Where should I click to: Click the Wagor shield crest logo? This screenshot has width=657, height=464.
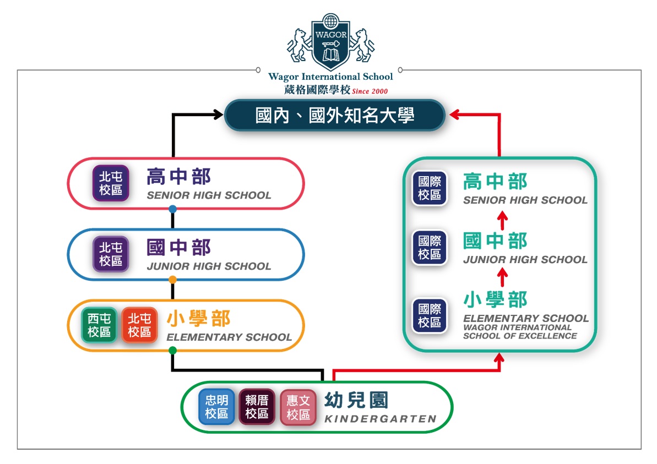tap(330, 40)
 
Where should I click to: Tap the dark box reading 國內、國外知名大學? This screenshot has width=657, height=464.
tap(334, 115)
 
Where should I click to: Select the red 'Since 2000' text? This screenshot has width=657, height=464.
tap(370, 90)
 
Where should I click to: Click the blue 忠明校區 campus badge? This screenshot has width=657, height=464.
tap(216, 407)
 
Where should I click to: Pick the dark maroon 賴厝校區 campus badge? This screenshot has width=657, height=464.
tap(257, 407)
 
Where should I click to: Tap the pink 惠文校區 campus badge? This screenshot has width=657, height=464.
tap(298, 408)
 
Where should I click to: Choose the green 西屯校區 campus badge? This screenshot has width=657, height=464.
tap(99, 325)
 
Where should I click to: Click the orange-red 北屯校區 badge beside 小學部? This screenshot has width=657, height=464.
tap(139, 325)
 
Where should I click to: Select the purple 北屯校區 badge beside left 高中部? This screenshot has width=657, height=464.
tap(111, 183)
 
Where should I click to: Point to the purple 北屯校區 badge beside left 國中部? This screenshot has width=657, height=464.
tap(111, 254)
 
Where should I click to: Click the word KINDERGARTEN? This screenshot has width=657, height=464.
tap(380, 419)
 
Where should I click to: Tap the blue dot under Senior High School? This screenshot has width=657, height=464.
tap(173, 209)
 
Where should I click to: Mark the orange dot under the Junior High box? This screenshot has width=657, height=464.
tap(173, 280)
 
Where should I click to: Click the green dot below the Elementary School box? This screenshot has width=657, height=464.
tap(173, 351)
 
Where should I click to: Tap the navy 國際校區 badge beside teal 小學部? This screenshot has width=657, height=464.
tap(430, 315)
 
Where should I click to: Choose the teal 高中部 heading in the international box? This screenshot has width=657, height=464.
tap(495, 182)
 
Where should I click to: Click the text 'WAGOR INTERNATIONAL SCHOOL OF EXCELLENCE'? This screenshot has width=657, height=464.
tap(520, 332)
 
